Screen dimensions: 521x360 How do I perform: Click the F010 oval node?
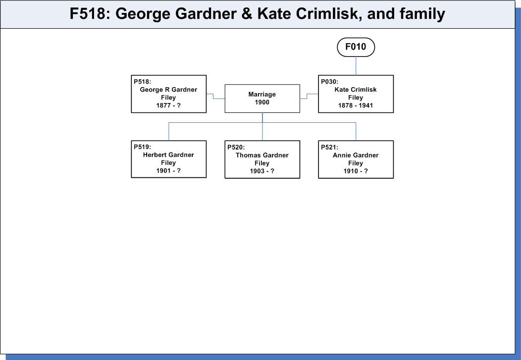[356, 47]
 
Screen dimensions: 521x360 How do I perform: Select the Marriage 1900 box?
[262, 99]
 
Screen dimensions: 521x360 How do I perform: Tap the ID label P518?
[142, 82]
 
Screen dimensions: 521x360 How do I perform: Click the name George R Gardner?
[168, 90]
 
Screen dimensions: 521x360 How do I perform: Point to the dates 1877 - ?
[168, 105]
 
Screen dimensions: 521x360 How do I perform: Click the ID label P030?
[329, 82]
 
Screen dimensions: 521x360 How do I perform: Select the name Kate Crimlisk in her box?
[356, 90]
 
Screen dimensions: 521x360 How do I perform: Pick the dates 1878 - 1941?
[356, 105]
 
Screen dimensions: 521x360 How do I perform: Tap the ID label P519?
[142, 147]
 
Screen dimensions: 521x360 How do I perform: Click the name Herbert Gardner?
[168, 155]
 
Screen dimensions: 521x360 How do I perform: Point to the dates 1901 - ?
[168, 171]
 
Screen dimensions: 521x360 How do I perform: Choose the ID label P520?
[236, 147]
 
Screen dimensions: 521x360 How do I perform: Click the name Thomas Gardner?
[262, 155]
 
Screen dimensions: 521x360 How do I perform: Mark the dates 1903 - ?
[262, 171]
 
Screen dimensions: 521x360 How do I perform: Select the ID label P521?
[329, 147]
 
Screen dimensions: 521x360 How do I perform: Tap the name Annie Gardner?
[356, 155]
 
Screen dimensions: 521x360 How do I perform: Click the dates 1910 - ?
[356, 171]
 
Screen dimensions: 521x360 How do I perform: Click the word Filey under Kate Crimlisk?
[356, 98]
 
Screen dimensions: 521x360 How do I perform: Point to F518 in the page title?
[87, 14]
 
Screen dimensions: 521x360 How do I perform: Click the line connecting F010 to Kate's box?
[356, 66]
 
